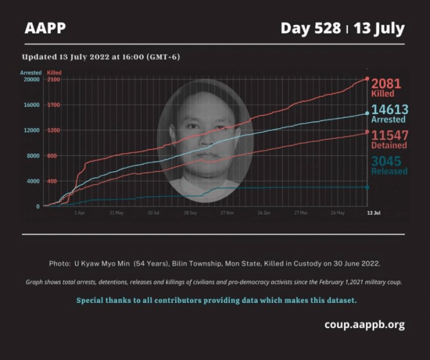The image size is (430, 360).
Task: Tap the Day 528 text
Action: (x=310, y=28)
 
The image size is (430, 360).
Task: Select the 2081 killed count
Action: (x=386, y=84)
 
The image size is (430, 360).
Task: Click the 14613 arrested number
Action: (x=390, y=110)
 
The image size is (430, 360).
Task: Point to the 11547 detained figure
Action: (x=390, y=135)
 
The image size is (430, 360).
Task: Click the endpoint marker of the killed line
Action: (x=367, y=79)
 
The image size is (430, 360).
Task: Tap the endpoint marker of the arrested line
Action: (x=367, y=113)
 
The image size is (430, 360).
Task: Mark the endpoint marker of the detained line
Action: (x=367, y=132)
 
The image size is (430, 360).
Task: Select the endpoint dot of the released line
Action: (x=367, y=187)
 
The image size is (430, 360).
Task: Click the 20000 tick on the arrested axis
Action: (x=30, y=80)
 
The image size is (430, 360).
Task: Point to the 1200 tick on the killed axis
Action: (x=53, y=130)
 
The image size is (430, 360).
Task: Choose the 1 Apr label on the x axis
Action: (x=80, y=213)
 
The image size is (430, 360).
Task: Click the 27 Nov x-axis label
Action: (x=227, y=213)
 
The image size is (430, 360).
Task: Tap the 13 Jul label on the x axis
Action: (x=373, y=213)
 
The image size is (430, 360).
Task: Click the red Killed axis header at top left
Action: (x=54, y=73)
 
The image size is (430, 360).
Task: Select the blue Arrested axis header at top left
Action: (x=31, y=73)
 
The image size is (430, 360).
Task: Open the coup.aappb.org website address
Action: (x=364, y=325)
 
